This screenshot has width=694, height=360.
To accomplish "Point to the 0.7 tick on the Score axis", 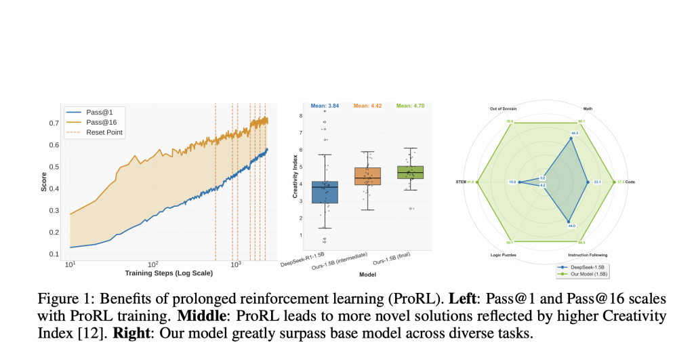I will (54, 123).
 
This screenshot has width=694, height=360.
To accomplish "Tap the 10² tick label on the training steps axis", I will (152, 264).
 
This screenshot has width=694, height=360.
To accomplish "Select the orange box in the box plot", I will (368, 176).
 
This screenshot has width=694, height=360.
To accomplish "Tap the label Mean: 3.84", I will (325, 106).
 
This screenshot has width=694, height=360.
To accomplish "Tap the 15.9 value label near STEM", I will (512, 182).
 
